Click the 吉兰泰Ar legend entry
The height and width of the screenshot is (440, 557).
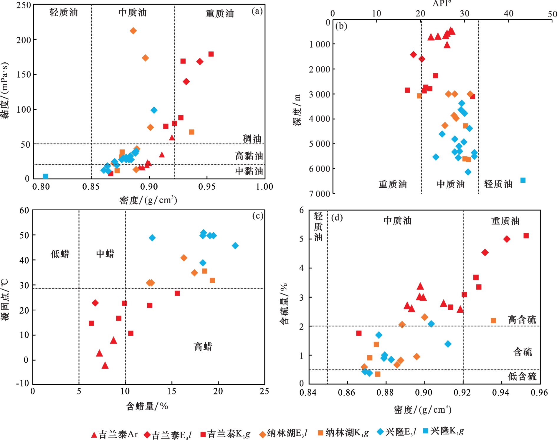114,434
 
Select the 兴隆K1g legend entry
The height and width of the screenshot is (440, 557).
444,431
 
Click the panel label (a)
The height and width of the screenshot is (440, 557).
257,11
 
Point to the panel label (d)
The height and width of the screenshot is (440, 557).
337,218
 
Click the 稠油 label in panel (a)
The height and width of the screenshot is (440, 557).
252,139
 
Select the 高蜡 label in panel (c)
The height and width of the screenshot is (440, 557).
203,347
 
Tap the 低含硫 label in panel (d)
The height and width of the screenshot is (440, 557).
522,376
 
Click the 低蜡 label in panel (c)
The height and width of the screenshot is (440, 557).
60,254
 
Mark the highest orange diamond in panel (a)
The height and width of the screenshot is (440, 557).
133,31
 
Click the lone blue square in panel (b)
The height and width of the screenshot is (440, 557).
523,180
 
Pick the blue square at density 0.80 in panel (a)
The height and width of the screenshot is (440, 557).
45,176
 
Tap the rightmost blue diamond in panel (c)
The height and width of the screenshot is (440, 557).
235,246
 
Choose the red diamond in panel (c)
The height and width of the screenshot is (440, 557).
95,303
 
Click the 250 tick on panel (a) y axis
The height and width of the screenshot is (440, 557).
24,5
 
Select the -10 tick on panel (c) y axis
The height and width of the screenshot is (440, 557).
22,383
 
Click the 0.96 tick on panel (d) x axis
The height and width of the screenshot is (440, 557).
539,393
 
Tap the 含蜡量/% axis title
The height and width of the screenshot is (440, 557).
147,406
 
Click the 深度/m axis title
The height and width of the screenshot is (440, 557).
297,110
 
